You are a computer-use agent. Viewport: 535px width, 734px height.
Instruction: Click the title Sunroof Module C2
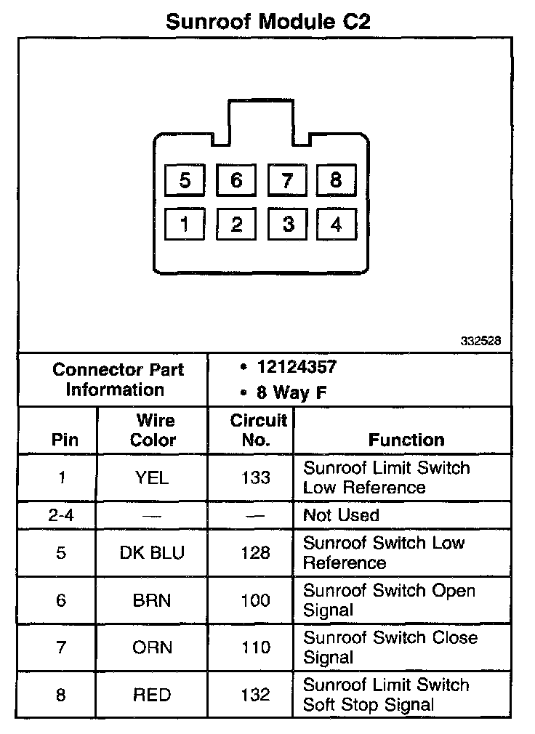[x=268, y=21]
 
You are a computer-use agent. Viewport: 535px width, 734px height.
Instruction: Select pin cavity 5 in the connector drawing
[x=185, y=180]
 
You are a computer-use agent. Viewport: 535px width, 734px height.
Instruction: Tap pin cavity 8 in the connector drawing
[x=335, y=180]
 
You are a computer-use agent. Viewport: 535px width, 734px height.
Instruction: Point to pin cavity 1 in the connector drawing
[x=185, y=225]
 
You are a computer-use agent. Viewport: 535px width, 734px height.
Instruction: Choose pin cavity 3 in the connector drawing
[x=288, y=225]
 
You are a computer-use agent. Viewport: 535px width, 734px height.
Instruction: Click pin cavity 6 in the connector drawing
[x=236, y=180]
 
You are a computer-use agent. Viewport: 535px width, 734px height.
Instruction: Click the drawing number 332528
[x=480, y=340]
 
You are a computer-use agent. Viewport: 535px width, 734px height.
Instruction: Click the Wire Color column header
[x=153, y=430]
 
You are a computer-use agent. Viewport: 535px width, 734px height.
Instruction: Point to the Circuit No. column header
[x=258, y=430]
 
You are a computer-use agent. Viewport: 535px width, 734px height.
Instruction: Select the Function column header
[x=406, y=440]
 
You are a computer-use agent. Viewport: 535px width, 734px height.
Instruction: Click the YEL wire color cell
[x=153, y=477]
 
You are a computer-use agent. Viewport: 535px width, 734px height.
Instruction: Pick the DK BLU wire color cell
[x=153, y=553]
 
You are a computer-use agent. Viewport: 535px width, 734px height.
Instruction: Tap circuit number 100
[x=256, y=600]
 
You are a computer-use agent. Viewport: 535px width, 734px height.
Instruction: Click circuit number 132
[x=256, y=695]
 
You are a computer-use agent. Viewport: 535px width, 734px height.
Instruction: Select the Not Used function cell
[x=341, y=515]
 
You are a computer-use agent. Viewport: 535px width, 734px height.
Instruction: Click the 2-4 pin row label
[x=61, y=515]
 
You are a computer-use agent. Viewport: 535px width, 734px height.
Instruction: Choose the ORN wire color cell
[x=153, y=648]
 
